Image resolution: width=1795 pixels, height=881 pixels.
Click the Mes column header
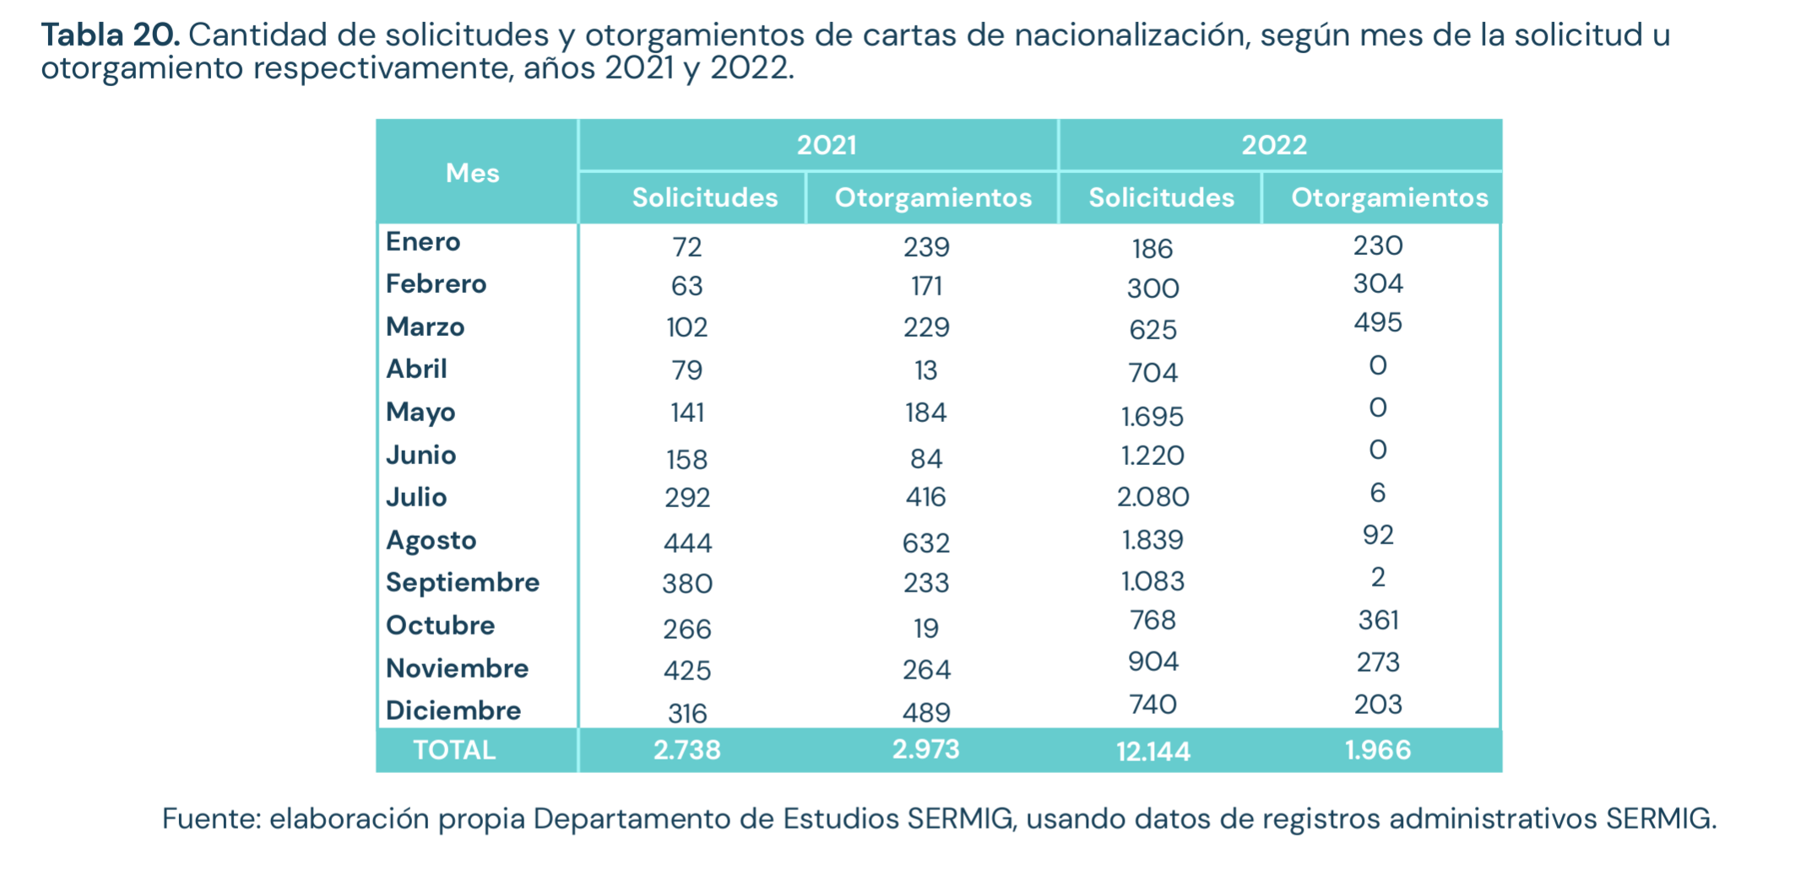[x=472, y=173]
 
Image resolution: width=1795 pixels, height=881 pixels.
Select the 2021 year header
[x=827, y=145]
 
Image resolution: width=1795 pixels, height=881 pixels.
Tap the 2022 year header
[x=1273, y=145]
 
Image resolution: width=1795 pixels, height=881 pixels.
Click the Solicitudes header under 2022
[x=1161, y=197]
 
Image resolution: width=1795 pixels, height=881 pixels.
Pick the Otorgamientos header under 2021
[x=933, y=197]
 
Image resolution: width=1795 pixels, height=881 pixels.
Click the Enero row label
[x=423, y=242]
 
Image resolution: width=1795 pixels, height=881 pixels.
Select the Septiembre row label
[x=462, y=582]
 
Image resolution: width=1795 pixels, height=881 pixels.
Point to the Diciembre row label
[x=453, y=711]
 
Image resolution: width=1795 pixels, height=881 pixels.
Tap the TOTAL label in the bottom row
[x=453, y=750]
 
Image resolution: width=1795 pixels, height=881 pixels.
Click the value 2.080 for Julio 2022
[x=1152, y=497]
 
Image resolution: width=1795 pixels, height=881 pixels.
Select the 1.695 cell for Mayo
[x=1152, y=416]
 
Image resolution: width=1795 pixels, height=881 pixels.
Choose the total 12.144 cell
[x=1152, y=751]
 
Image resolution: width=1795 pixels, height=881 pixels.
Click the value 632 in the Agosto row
[x=926, y=543]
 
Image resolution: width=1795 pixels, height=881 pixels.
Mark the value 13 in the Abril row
[x=926, y=370]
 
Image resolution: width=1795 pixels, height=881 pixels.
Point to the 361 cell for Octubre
[x=1378, y=620]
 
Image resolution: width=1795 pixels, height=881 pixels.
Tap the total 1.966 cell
[x=1378, y=750]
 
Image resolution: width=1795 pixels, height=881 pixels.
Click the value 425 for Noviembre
[x=687, y=671]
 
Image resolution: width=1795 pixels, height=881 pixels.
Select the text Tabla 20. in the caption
[x=111, y=35]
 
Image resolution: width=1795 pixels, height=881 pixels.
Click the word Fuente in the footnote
[x=210, y=819]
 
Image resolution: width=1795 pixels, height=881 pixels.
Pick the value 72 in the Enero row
[x=687, y=247]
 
